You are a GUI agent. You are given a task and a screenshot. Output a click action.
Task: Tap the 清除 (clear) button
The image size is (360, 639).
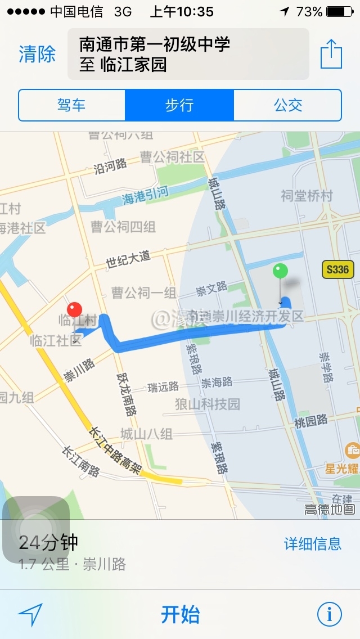coord(37,55)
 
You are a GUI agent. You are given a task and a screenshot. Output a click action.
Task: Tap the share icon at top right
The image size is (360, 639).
coord(331,54)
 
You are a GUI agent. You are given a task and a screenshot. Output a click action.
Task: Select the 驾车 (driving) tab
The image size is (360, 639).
coord(71,105)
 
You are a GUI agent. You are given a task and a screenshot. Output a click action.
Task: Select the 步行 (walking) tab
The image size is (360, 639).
coord(179,105)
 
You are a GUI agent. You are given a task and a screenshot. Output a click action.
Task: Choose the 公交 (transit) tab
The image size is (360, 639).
coord(288,105)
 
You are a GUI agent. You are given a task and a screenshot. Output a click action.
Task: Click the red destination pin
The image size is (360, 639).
coord(74,310)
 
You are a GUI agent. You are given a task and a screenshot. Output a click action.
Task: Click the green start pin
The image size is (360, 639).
coord(280,272)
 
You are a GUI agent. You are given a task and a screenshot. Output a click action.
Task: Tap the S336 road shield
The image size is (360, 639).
coord(337,269)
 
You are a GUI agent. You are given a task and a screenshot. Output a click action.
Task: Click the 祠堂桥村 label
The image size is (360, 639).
coord(307,196)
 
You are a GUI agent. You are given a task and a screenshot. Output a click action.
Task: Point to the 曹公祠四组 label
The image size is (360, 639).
coord(123,227)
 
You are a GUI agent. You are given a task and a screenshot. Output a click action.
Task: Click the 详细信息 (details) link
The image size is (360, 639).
coord(312,543)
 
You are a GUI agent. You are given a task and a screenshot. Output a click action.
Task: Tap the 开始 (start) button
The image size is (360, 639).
coord(180,614)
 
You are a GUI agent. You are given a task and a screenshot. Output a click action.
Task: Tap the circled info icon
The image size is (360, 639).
coord(329,614)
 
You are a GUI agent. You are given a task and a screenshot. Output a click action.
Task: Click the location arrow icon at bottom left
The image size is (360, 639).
coord(30,615)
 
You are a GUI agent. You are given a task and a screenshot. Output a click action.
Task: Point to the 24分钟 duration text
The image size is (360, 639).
coord(48,543)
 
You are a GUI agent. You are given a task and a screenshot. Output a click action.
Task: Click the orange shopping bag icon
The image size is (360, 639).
coord(352,450)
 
